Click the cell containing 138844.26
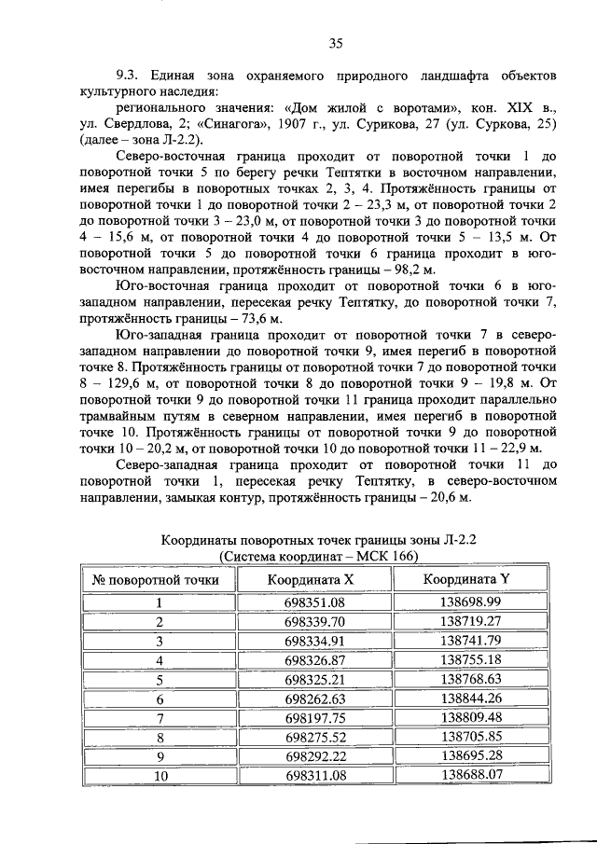(471, 699)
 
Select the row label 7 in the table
(160, 717)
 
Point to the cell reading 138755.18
(471, 659)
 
